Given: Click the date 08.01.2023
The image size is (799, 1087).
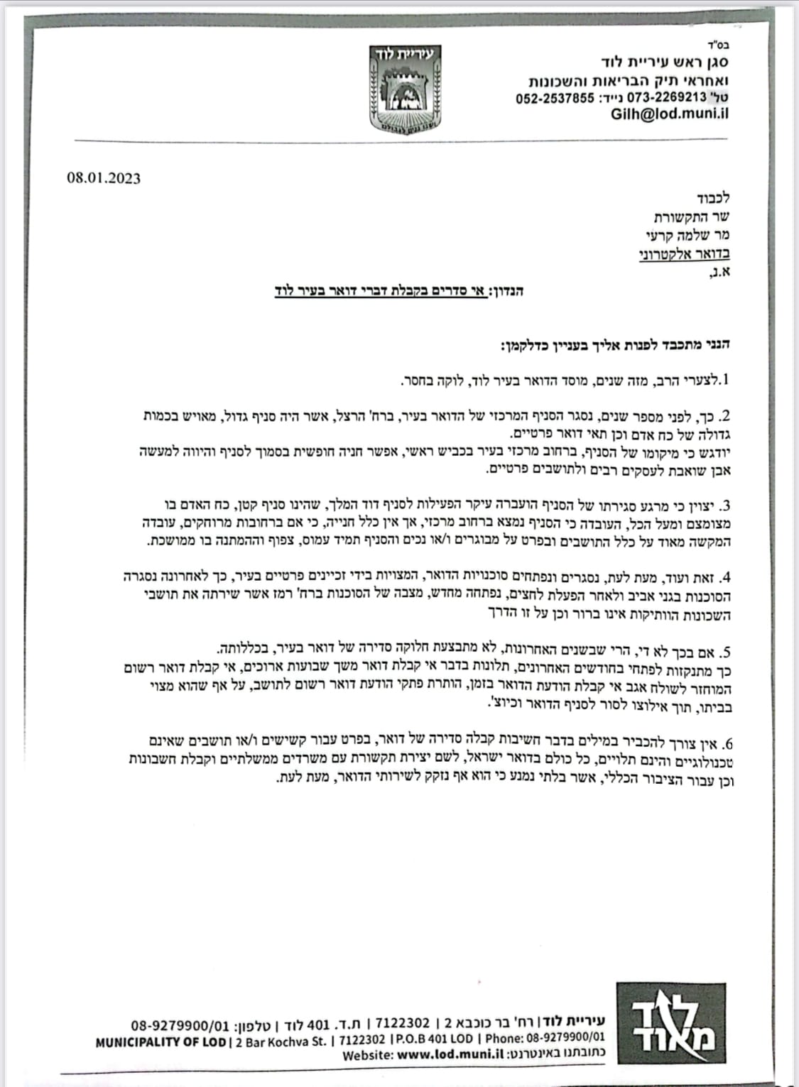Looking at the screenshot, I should tap(104, 177).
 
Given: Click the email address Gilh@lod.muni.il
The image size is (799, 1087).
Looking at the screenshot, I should tap(669, 114).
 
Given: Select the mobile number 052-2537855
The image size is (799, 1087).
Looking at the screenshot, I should tap(554, 98).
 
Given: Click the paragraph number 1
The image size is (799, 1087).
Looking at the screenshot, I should tap(724, 381).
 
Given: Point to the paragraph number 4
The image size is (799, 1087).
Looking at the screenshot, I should tap(724, 577).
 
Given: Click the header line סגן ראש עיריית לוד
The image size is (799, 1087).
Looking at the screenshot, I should tap(653, 63).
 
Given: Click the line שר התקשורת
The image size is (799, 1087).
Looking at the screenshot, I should tap(691, 217).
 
